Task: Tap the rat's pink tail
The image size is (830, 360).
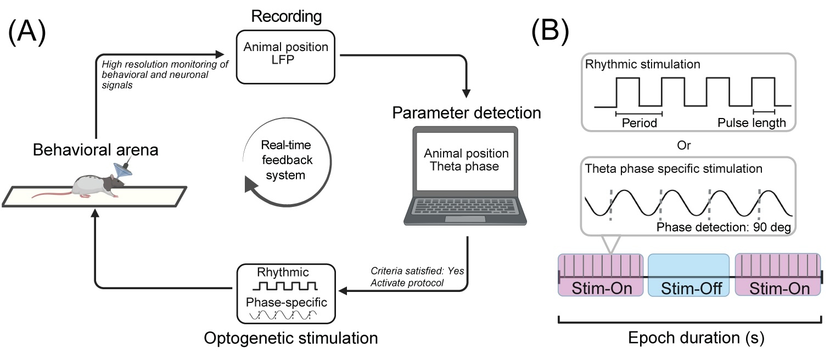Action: [49, 195]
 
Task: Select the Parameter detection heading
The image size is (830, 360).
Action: [466, 114]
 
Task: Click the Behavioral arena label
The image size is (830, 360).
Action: [95, 149]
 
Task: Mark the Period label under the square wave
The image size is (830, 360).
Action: [640, 123]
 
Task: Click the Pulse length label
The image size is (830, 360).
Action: [752, 123]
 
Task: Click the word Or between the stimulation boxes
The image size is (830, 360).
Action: [689, 146]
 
